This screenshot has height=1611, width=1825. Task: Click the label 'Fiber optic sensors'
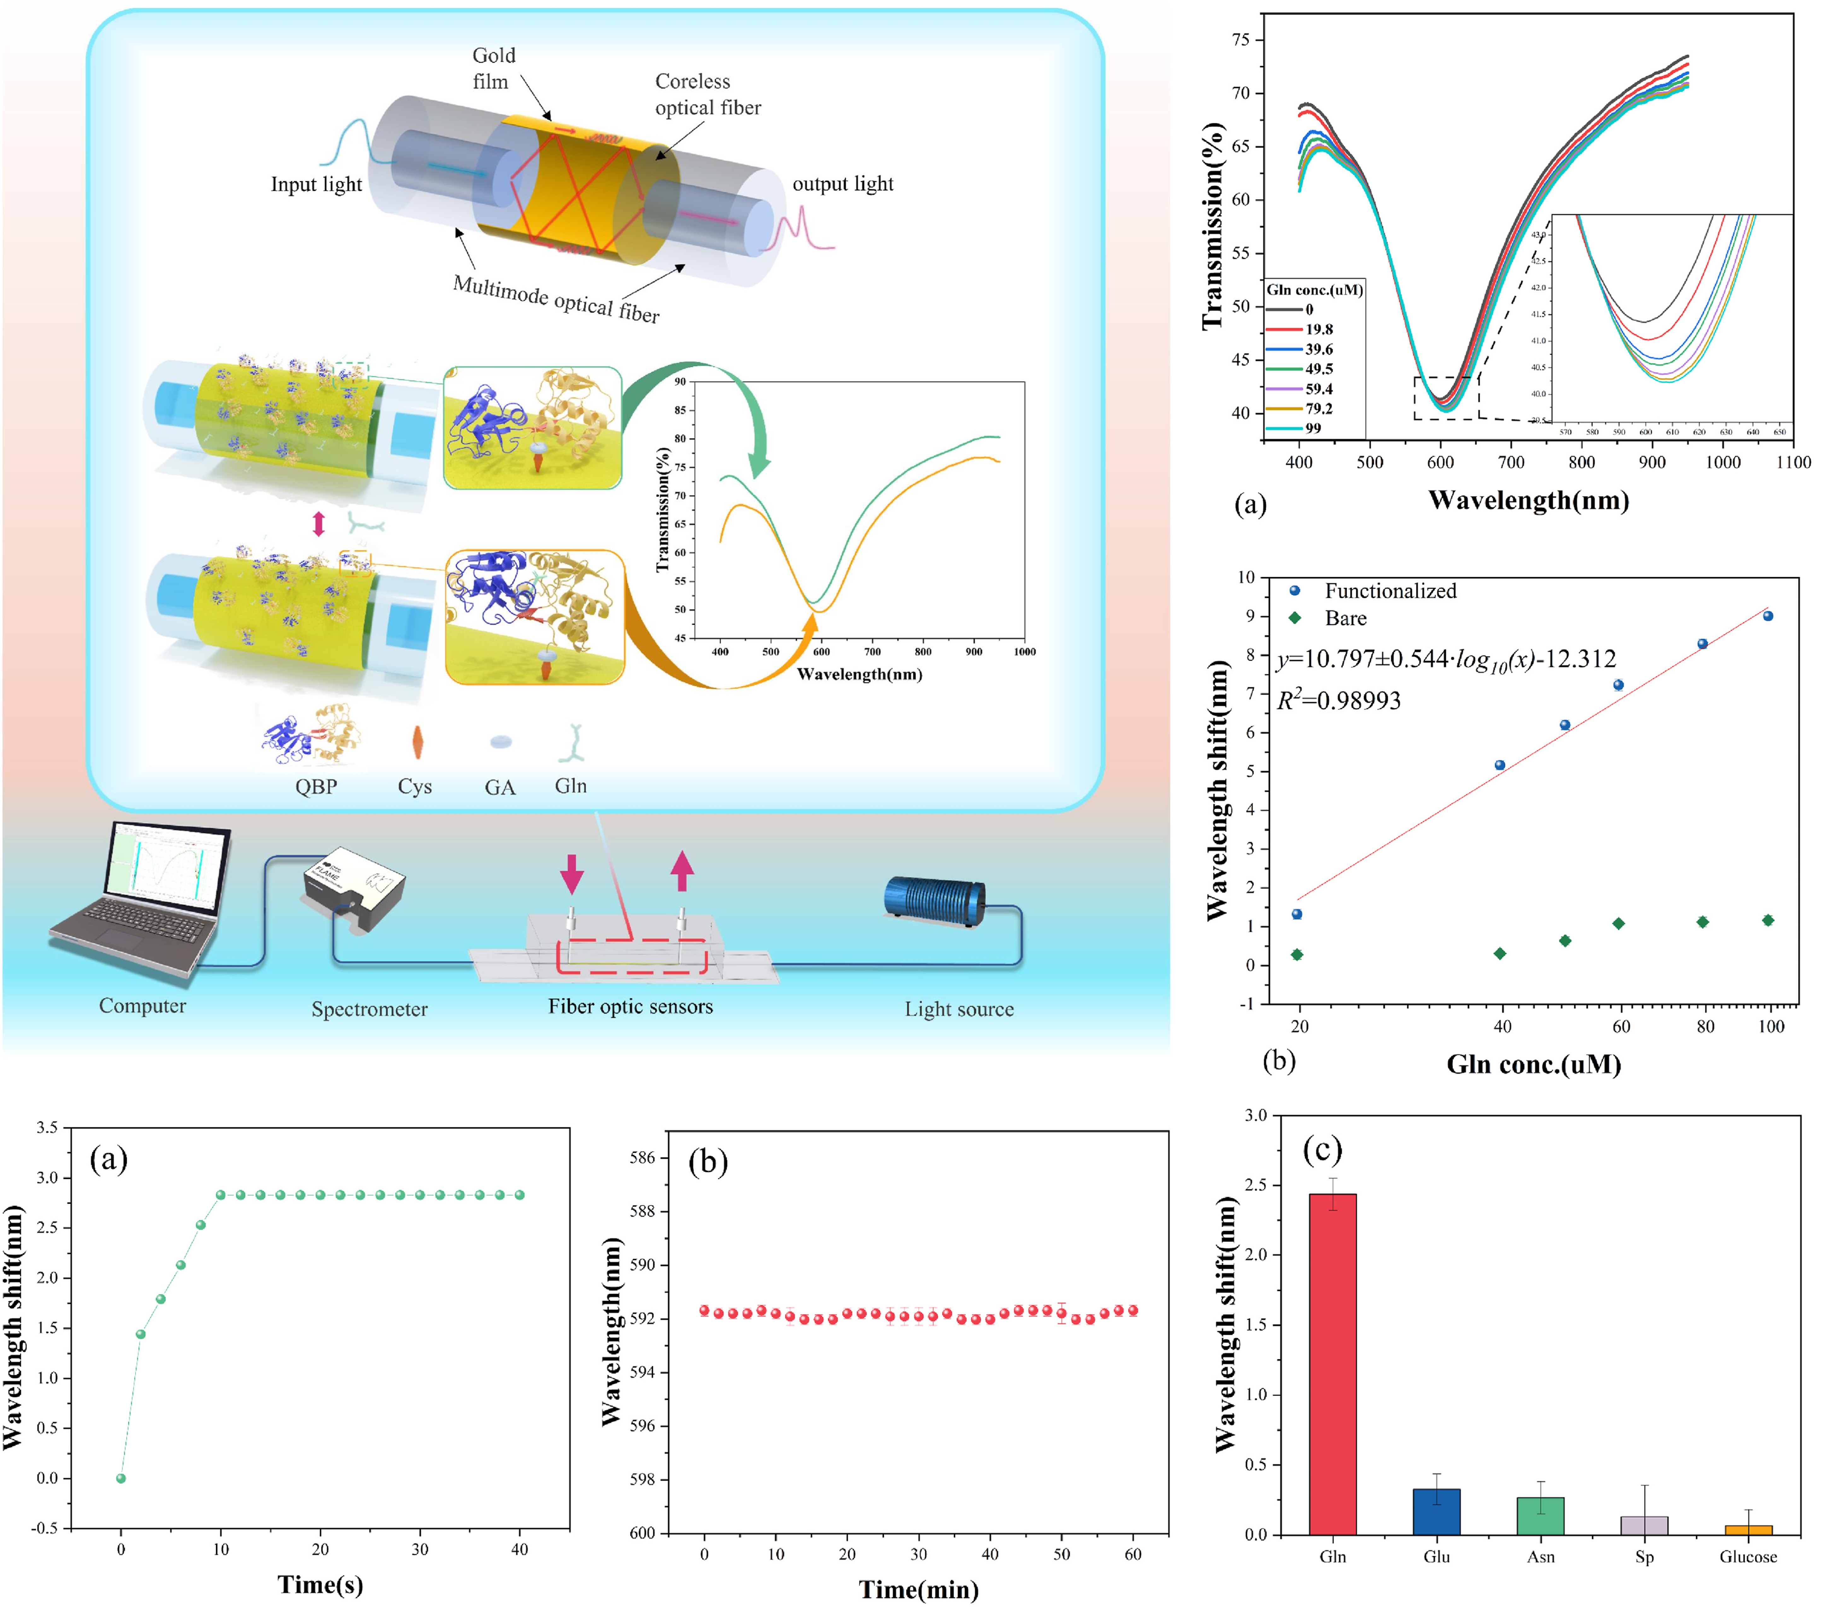point(630,1006)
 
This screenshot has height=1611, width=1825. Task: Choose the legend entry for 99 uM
point(1313,428)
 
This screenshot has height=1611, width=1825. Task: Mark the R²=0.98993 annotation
point(1338,700)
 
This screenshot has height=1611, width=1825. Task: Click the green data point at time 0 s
point(121,1478)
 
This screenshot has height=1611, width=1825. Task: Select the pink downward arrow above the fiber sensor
point(571,873)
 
